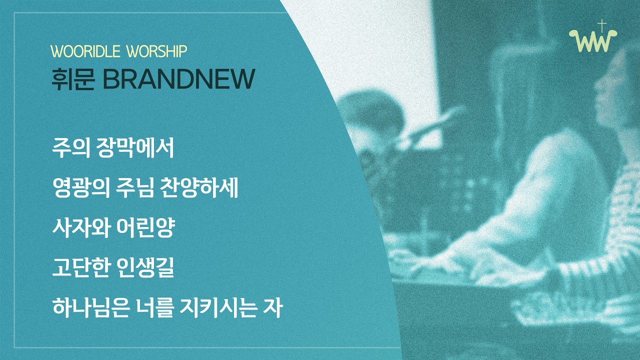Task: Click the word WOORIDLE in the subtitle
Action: click(x=84, y=51)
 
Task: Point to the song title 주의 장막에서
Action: click(x=112, y=148)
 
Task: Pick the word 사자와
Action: click(x=80, y=228)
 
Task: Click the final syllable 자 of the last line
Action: click(x=273, y=308)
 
